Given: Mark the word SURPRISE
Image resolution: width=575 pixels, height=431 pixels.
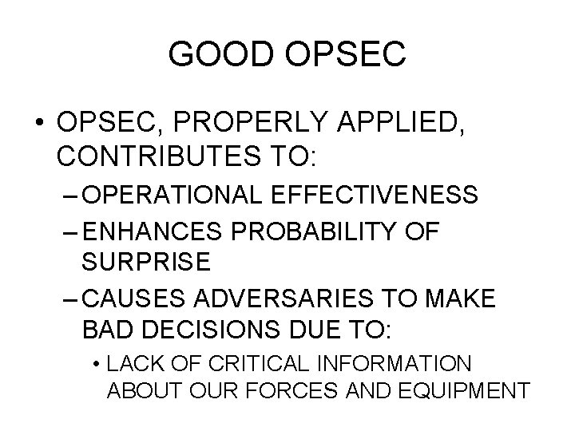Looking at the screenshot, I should [146, 260].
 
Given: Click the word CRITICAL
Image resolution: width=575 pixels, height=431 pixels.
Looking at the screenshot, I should [255, 364].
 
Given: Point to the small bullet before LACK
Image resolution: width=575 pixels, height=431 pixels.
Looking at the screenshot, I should [95, 364].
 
